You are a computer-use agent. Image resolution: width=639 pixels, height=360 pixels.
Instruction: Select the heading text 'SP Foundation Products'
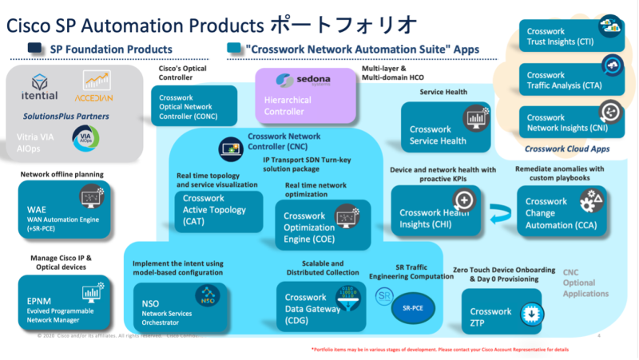(x=111, y=49)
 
